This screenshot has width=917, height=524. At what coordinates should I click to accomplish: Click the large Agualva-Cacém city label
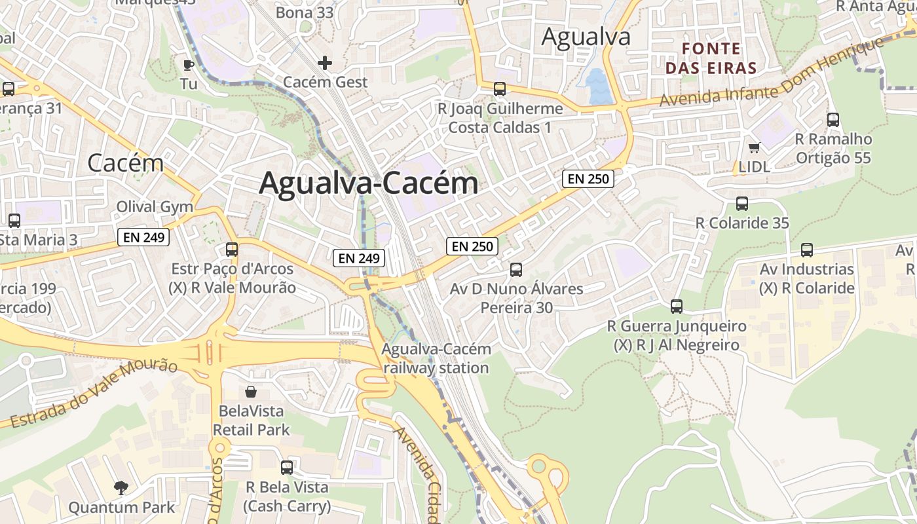[x=369, y=183]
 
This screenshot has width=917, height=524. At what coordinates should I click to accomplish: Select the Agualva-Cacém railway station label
[x=436, y=358]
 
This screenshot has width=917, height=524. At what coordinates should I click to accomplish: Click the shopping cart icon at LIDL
[x=754, y=148]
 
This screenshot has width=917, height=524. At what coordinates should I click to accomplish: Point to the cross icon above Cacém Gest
[x=325, y=63]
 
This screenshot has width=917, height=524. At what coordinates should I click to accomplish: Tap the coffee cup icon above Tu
[x=189, y=64]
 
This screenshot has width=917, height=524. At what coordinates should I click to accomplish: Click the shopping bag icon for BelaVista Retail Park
[x=251, y=392]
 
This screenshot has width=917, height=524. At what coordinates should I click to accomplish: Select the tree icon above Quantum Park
[x=121, y=487]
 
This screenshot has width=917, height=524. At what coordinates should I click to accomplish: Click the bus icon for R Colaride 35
[x=741, y=203]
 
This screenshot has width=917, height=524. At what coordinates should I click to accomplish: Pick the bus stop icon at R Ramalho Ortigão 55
[x=833, y=119]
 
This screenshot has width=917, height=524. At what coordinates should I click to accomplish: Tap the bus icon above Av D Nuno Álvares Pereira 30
[x=516, y=269]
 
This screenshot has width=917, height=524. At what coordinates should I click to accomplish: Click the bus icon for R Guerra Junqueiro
[x=676, y=306]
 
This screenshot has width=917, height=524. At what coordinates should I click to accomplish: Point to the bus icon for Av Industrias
[x=806, y=250]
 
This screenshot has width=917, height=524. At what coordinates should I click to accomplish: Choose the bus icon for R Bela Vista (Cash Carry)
[x=287, y=467]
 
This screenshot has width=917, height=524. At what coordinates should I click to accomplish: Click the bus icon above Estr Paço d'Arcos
[x=232, y=249]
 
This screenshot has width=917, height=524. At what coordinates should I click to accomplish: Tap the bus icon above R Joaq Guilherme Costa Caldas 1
[x=500, y=88]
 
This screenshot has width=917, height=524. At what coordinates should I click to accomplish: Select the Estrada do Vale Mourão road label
[x=92, y=394]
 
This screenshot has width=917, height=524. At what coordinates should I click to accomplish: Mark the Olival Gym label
[x=155, y=207]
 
